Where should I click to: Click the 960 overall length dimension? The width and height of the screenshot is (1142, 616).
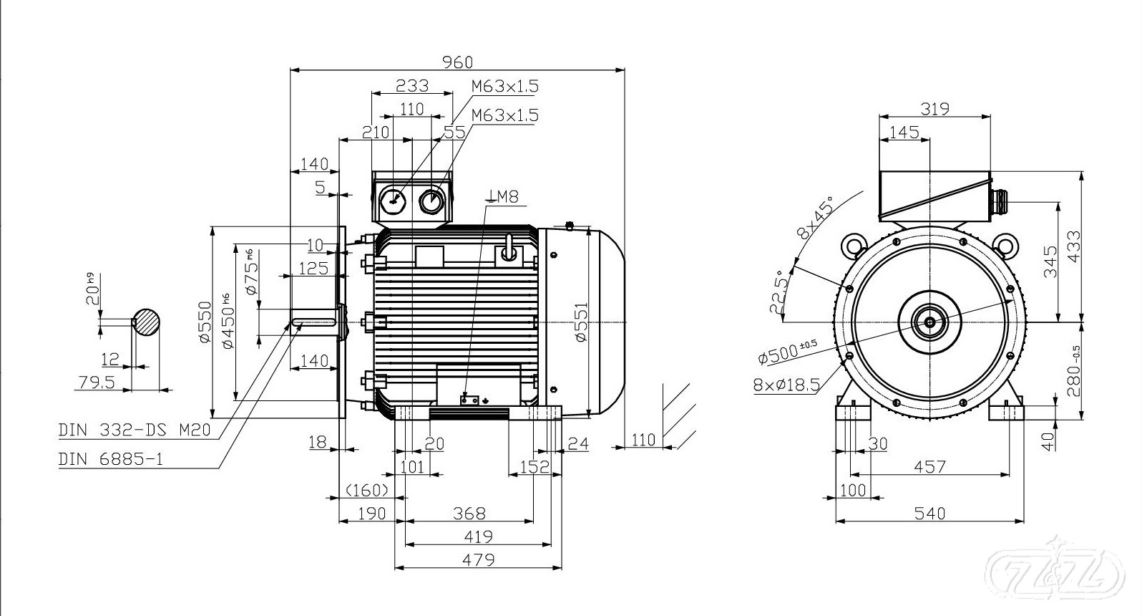coord(457,63)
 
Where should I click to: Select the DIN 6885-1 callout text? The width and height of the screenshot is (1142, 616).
coord(110,459)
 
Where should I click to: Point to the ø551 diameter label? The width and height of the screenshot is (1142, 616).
coord(581,322)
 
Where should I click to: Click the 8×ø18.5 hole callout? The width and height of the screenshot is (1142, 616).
coord(786,385)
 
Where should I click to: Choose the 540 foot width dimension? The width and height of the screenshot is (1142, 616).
coord(929,513)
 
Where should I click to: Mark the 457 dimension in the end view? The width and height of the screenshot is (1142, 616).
coord(929,467)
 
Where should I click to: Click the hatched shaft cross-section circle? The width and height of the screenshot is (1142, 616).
coord(145,322)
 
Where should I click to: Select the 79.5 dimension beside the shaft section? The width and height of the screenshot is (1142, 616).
coord(97,382)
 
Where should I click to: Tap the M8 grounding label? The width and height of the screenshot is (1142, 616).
coord(505,196)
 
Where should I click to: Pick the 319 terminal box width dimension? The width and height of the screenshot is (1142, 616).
coord(934,109)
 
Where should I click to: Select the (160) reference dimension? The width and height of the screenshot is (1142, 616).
coord(367,490)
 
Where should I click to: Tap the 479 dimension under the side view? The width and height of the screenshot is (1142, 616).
coord(479,559)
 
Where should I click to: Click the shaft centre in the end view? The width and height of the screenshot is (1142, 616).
coord(929,322)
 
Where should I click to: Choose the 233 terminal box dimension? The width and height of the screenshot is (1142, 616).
coord(412,86)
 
